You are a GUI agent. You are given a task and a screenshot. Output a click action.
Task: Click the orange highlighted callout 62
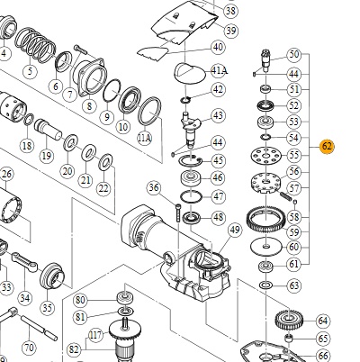[x=327, y=147]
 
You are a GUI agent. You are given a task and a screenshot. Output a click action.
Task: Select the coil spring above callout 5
[x=35, y=44]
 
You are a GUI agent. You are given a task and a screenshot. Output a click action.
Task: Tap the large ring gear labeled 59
[x=265, y=221]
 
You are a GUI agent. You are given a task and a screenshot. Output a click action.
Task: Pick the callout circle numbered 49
[x=235, y=230]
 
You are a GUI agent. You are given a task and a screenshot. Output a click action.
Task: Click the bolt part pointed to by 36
[x=178, y=213]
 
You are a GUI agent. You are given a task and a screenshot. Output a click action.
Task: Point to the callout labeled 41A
[x=219, y=71]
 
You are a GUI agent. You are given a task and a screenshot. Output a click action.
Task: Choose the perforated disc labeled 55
[x=266, y=156]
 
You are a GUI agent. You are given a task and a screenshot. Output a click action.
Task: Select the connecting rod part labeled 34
[x=24, y=262]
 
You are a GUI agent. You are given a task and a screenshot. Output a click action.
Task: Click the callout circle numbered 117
[x=95, y=335]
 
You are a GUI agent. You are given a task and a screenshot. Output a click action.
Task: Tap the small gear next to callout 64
[x=289, y=320]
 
